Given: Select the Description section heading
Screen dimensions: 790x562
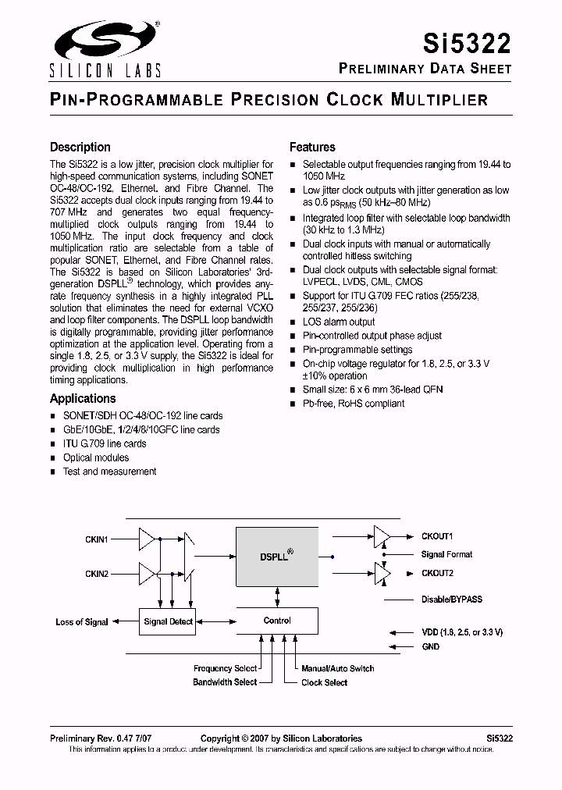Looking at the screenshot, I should coord(80,147).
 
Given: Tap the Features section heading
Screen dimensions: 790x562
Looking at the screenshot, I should coord(312,147).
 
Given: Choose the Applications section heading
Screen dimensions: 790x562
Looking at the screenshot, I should coord(83,398).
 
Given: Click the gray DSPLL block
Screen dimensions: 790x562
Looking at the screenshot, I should coord(277,557).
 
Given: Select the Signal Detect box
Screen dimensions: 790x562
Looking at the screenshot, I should coord(169,622).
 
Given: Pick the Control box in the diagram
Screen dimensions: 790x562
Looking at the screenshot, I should coord(277,621).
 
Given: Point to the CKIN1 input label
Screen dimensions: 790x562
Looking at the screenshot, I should coord(97,539).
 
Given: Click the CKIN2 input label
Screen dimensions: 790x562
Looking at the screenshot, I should coord(97,574).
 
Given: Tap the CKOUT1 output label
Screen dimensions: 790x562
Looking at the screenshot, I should coord(437,536).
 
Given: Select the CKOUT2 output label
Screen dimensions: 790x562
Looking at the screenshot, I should coord(437,573).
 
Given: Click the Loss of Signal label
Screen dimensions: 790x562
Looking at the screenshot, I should coord(82,622).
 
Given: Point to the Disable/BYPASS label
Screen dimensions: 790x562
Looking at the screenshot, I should coord(451,600).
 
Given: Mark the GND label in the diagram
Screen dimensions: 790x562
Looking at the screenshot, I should coord(430,646).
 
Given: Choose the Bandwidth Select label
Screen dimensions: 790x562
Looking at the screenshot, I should coord(225,682).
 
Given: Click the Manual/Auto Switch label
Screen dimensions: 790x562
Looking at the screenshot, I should coord(337,668).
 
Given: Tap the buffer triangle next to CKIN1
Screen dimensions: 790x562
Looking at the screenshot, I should coord(147,539).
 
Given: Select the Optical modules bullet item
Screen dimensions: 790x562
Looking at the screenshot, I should coord(96,457).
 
